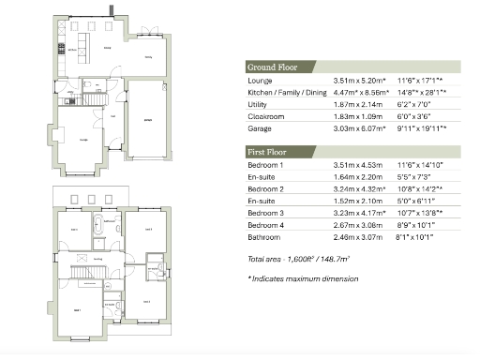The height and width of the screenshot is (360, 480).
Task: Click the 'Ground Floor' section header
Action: click(x=272, y=67)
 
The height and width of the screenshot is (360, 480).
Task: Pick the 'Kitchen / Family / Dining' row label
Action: click(x=283, y=93)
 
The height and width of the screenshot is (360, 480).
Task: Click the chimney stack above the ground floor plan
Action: click(x=112, y=10)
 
